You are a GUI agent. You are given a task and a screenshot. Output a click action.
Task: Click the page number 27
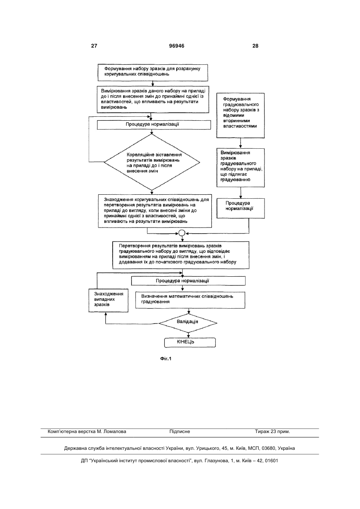[x=94, y=46]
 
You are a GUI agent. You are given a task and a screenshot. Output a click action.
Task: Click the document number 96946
[x=177, y=46]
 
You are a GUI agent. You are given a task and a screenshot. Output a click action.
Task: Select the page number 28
[x=255, y=46]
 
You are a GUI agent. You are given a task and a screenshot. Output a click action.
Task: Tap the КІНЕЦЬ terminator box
[x=190, y=342]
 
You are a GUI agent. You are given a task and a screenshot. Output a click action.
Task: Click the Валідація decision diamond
[x=188, y=323]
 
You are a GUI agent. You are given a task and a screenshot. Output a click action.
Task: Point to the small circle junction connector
[x=182, y=233]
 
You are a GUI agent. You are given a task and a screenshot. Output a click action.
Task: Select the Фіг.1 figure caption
[x=166, y=359]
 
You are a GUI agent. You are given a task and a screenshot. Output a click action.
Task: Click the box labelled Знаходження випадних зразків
[x=108, y=300]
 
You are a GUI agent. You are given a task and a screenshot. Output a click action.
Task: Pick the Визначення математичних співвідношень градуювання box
[x=190, y=300]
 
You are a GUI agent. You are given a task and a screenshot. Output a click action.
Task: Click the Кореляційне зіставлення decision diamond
[x=152, y=162]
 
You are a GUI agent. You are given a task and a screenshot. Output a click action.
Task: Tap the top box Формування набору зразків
[x=153, y=72]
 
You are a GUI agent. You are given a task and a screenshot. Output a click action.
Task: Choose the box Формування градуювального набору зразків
[x=241, y=116]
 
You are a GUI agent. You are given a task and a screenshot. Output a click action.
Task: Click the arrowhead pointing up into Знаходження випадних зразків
[x=105, y=313]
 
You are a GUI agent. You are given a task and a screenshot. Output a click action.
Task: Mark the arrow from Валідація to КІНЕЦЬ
[x=188, y=335]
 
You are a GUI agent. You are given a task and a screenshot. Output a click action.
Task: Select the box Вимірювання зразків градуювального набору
[x=241, y=168]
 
